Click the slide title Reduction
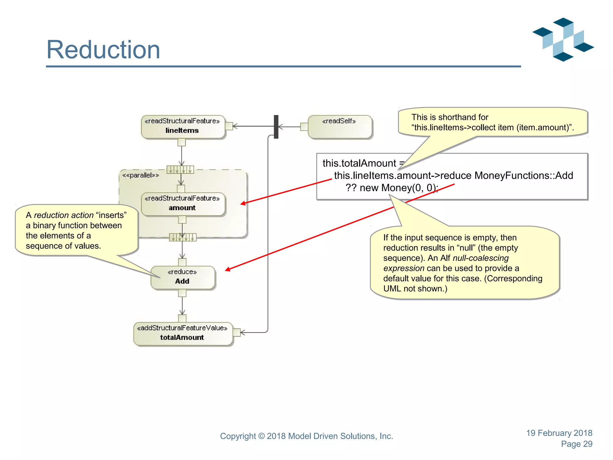pyautogui.click(x=103, y=50)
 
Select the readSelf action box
pyautogui.click(x=340, y=127)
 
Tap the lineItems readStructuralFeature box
pyautogui.click(x=183, y=127)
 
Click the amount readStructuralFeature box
pyautogui.click(x=183, y=204)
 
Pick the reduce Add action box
pyautogui.click(x=183, y=277)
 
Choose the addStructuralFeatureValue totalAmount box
pyautogui.click(x=183, y=334)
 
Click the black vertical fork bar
pyautogui.click(x=276, y=127)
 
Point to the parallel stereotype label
pyautogui.click(x=140, y=175)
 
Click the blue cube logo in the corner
pyautogui.click(x=563, y=39)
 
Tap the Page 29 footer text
pyautogui.click(x=576, y=444)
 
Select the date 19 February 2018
pyautogui.click(x=559, y=433)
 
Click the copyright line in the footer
pyautogui.click(x=306, y=436)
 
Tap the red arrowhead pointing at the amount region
pyautogui.click(x=243, y=204)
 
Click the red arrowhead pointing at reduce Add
pyautogui.click(x=228, y=269)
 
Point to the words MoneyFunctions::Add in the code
pyautogui.click(x=524, y=175)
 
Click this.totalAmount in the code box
pyautogui.click(x=359, y=163)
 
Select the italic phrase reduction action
pyautogui.click(x=63, y=215)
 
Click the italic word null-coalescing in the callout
pyautogui.click(x=480, y=258)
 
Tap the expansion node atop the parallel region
pyautogui.click(x=180, y=170)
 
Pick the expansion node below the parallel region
pyautogui.click(x=183, y=237)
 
